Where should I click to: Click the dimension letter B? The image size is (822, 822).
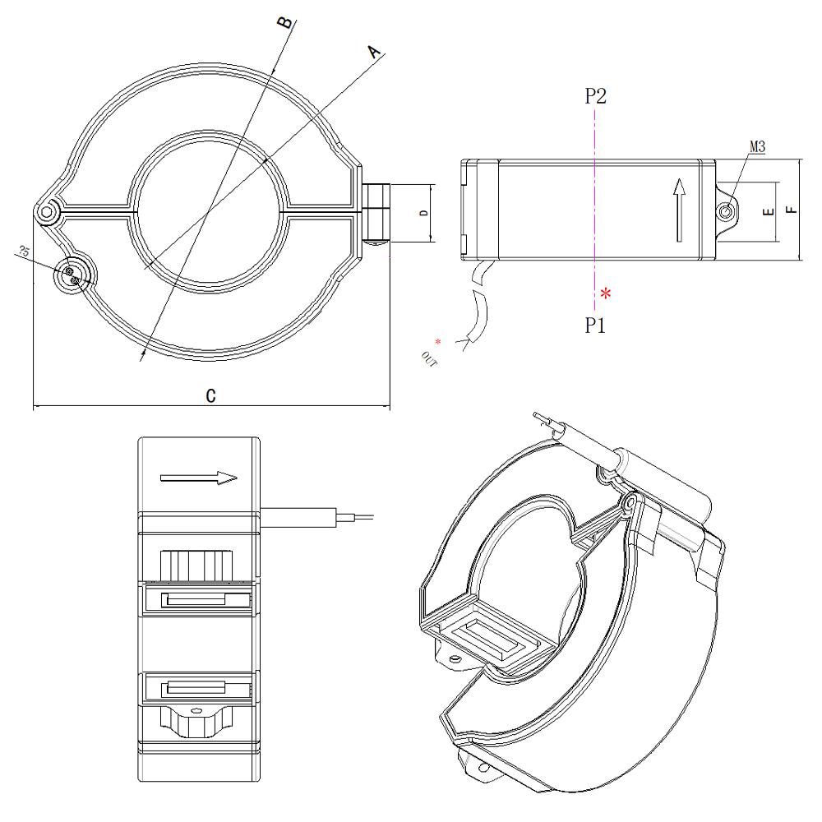(x=284, y=21)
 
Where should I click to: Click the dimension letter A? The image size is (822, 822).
(x=375, y=53)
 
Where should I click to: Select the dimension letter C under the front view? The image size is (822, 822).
(x=210, y=395)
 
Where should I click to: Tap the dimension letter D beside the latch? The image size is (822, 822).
(x=423, y=213)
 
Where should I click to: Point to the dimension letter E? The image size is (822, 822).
(x=768, y=211)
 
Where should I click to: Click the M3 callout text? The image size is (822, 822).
(x=757, y=147)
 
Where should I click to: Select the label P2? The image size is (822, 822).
(x=596, y=96)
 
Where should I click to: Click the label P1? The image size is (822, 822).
(x=595, y=326)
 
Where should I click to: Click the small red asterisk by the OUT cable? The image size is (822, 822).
(x=438, y=341)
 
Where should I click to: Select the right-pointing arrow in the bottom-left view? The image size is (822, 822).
(x=199, y=477)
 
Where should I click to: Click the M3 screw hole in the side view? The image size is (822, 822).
(x=727, y=212)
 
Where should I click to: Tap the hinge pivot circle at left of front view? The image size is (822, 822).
(x=47, y=213)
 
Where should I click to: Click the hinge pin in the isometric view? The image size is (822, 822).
(x=630, y=501)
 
